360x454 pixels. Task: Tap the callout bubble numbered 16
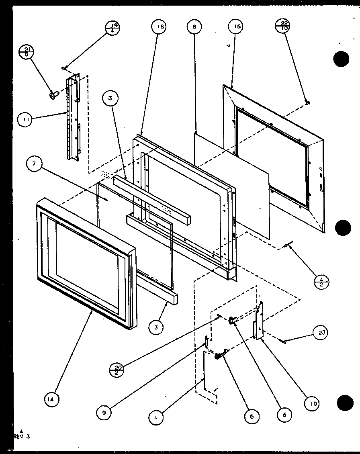point(235,27)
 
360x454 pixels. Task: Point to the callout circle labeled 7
point(34,164)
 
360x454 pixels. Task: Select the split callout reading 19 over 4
point(112,28)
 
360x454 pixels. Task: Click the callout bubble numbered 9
point(104,412)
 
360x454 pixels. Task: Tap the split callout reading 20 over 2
point(117,369)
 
